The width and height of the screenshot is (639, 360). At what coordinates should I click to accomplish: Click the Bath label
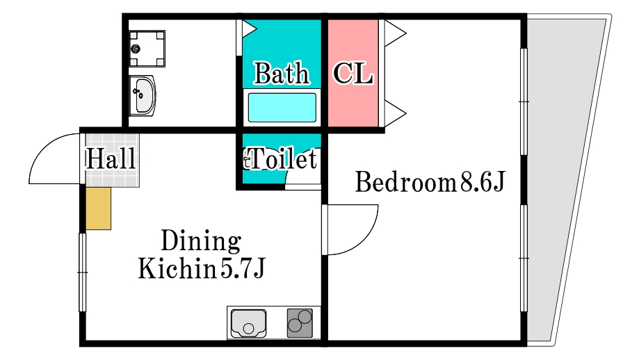point(282,73)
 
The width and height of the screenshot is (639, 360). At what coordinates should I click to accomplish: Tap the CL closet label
point(353,73)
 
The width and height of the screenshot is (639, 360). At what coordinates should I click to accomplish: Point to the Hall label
point(111,158)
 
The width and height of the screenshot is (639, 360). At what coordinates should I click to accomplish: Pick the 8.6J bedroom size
point(480,183)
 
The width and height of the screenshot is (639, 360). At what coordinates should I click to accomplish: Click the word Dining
point(200,242)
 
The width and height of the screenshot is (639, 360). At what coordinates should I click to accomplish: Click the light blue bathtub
point(282,108)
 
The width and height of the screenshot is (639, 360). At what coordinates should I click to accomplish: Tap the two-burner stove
point(300,322)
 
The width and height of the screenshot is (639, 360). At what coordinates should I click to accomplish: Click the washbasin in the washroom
point(143,93)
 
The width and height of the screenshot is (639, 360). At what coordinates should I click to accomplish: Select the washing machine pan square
point(147,48)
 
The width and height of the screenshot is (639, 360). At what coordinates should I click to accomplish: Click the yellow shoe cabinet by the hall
point(98,208)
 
